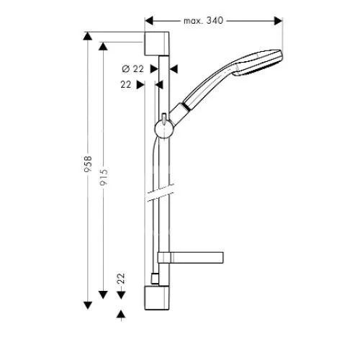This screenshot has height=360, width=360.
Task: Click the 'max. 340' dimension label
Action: (203, 21)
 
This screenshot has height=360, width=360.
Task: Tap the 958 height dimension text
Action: (88, 164)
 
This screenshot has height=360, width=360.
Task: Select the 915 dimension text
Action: (104, 178)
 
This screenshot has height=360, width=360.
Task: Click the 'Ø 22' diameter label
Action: (132, 69)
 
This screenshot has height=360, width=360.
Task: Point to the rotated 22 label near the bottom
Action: (121, 279)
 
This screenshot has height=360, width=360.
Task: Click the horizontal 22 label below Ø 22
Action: (126, 84)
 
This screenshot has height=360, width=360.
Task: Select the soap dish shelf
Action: (190, 257)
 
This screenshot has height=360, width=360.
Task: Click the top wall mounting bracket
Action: (157, 44)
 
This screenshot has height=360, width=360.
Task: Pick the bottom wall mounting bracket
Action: (157, 298)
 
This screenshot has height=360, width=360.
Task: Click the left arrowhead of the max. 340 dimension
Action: (149, 21)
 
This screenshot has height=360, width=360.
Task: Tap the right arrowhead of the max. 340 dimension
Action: (278, 21)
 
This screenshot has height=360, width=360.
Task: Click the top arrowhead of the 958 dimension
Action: (88, 36)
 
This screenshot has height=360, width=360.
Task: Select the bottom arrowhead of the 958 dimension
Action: (88, 305)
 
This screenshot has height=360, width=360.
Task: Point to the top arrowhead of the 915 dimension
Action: (103, 46)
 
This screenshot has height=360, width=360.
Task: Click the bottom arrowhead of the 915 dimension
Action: (103, 294)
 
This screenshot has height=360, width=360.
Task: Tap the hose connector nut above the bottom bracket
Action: (155, 279)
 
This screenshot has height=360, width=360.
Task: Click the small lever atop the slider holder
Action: (164, 119)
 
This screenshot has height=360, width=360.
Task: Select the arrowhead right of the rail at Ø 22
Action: (174, 69)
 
